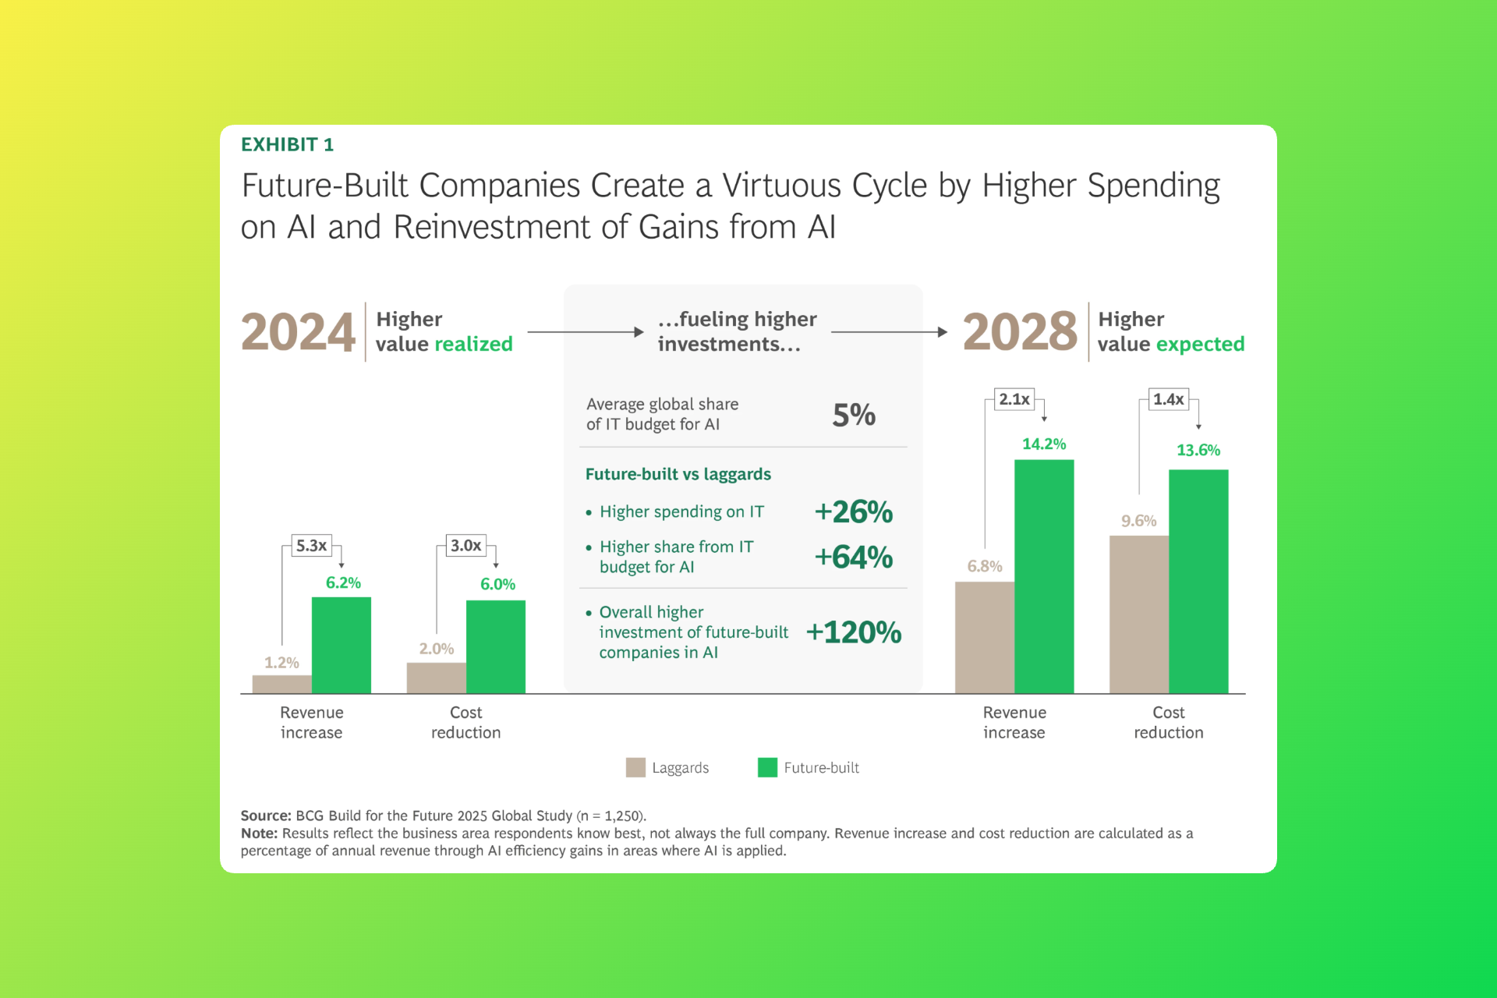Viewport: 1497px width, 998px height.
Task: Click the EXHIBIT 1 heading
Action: pyautogui.click(x=287, y=145)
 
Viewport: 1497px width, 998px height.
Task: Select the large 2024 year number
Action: pyautogui.click(x=298, y=332)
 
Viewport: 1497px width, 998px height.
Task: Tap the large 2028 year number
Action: pyautogui.click(x=1020, y=332)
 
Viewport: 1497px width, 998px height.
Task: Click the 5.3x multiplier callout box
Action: pyautogui.click(x=311, y=546)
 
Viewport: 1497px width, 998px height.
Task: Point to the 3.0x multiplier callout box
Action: pyautogui.click(x=465, y=546)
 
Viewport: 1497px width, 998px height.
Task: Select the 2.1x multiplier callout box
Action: pyautogui.click(x=1014, y=399)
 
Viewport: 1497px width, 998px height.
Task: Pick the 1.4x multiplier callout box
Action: pyautogui.click(x=1169, y=399)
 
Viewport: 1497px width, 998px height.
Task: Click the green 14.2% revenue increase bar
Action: pyautogui.click(x=1044, y=577)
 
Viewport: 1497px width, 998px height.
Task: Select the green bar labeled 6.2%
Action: pyautogui.click(x=342, y=646)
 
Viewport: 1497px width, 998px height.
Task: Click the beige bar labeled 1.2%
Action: pyautogui.click(x=281, y=684)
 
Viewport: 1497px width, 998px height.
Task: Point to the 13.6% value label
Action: pyautogui.click(x=1198, y=451)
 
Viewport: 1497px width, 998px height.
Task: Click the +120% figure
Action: pyautogui.click(x=854, y=632)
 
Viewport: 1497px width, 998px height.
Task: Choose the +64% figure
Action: pyautogui.click(x=854, y=557)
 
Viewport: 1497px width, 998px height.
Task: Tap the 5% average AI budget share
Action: pyautogui.click(x=854, y=415)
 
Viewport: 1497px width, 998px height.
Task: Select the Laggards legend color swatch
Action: pyautogui.click(x=635, y=768)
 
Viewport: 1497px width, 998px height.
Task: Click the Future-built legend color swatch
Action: pyautogui.click(x=767, y=768)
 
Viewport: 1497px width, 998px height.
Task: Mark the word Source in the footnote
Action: pyautogui.click(x=265, y=816)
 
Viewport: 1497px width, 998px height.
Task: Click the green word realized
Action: pyautogui.click(x=473, y=345)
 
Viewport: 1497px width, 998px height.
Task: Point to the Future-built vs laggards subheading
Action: pyautogui.click(x=678, y=474)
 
